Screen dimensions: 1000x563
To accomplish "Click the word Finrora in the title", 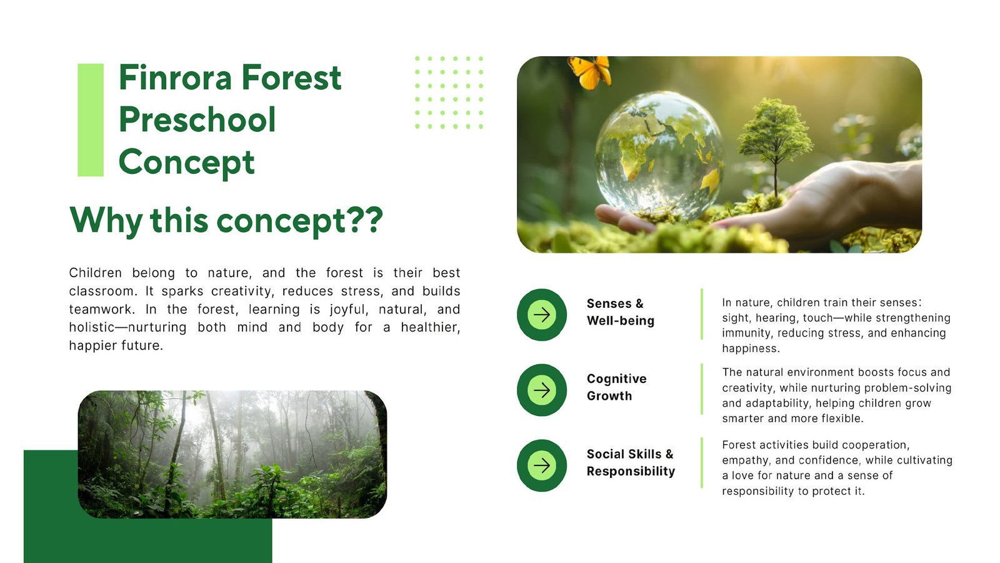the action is click(x=176, y=78).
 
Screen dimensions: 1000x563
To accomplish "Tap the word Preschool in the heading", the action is click(x=197, y=119).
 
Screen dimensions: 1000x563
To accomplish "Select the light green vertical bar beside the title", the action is click(x=91, y=119).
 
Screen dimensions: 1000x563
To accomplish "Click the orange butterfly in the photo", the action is click(x=589, y=71).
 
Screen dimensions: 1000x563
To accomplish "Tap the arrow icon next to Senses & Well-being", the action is click(x=542, y=315).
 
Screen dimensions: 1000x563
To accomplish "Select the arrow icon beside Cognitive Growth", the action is click(x=542, y=390).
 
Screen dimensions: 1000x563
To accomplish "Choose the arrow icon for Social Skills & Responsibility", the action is click(x=542, y=465).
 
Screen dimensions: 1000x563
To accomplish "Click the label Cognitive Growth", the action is click(x=616, y=387).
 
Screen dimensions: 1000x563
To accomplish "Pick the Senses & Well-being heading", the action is click(x=621, y=312).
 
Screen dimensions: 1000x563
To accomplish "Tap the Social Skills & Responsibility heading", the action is click(x=631, y=462).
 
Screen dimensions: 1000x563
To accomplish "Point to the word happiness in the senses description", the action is click(x=750, y=348).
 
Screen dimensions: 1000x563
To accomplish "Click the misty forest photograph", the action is click(x=232, y=454).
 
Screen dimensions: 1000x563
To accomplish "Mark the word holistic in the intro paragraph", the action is click(x=91, y=327).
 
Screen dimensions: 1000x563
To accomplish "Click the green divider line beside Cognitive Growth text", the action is click(x=702, y=389).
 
